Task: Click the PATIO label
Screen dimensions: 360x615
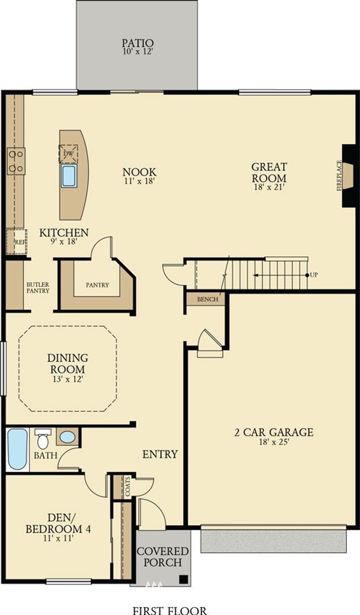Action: point(138,43)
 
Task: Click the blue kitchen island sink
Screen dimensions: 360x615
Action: point(69,176)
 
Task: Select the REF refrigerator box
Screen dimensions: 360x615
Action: point(17,241)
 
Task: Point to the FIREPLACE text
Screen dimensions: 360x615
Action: point(339,176)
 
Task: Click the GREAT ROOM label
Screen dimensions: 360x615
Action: point(269,172)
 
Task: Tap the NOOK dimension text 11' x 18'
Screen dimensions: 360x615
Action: point(140,181)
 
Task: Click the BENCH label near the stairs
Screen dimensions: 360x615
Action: point(207,299)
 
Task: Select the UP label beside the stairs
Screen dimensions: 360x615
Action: point(314,275)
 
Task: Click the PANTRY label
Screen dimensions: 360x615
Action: point(97,285)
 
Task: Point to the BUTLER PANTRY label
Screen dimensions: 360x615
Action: point(38,287)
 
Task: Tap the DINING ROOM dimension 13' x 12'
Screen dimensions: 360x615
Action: point(67,379)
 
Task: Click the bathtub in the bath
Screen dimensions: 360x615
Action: point(17,449)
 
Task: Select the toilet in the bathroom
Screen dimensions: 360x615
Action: point(43,438)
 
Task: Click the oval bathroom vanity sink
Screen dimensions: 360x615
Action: point(67,437)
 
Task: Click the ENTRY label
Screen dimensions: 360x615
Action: point(160,454)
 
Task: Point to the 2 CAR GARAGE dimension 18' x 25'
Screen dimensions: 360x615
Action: point(274,442)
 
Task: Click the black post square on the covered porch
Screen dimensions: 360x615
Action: point(183,578)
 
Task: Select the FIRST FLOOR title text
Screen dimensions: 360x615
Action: point(169,610)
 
